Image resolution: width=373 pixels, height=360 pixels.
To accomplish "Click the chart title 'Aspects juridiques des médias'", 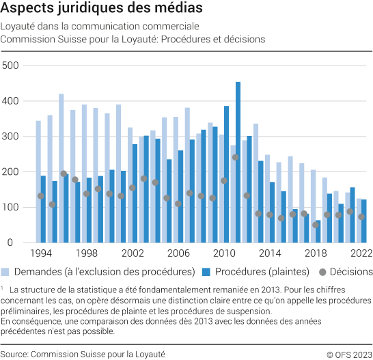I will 102,10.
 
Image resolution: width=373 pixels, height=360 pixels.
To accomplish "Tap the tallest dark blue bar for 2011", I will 238,163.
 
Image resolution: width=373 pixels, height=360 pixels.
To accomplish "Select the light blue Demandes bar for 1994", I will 38,182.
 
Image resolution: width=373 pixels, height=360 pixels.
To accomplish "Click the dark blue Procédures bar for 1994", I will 44,209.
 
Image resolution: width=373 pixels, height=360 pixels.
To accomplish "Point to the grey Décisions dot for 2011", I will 235,157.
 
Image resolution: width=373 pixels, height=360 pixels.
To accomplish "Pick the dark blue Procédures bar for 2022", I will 364,221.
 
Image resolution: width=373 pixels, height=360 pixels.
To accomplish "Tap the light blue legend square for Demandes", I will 6,271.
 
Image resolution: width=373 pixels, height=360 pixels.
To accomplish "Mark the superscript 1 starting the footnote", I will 3,288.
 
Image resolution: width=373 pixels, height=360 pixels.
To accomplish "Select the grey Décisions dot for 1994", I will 41,196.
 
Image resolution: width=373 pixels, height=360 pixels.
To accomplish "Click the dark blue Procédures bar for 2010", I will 226,174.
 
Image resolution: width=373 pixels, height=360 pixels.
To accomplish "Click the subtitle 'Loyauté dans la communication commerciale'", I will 100,27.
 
